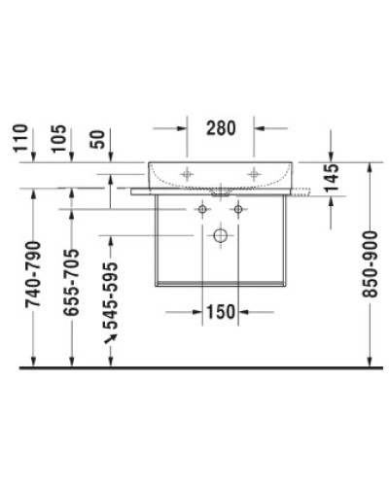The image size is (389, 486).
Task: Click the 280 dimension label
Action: coord(221,126)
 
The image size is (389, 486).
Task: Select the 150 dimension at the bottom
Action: coord(220,312)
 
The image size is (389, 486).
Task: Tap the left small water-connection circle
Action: coord(203,210)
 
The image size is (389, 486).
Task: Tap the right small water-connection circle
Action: coord(236,210)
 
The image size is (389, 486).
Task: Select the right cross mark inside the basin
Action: coord(254,173)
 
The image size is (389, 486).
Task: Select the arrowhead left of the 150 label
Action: coord(197,312)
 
